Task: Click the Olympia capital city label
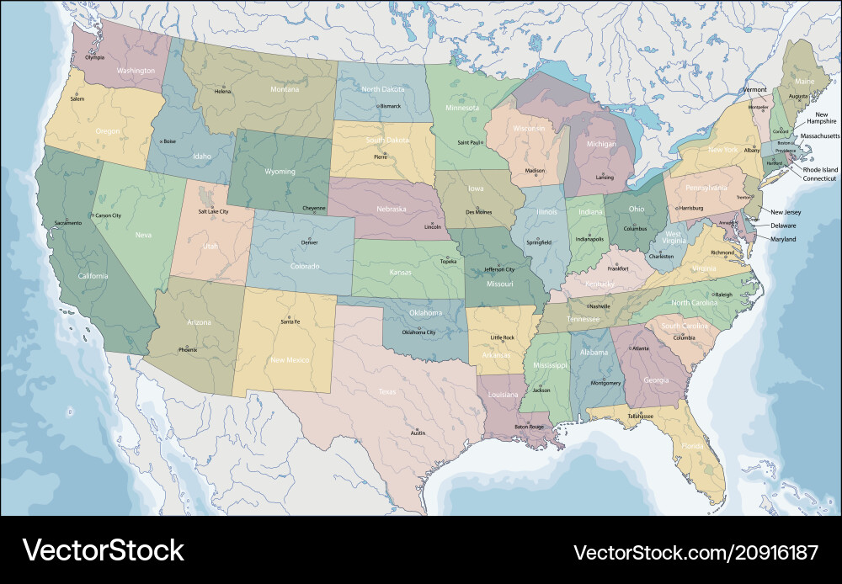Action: coord(95,57)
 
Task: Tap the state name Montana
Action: coord(284,89)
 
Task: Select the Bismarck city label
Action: coord(390,106)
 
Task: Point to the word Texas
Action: coord(386,391)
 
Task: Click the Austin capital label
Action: coord(418,433)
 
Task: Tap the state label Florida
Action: coord(692,446)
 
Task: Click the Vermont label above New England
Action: coord(755,89)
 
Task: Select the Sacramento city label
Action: coord(68,223)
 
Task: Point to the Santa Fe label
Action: coord(290,322)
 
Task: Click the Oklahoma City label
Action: coord(418,332)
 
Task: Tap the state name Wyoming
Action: coord(280,172)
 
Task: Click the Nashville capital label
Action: coord(600,306)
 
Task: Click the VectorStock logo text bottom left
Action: coord(103,550)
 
